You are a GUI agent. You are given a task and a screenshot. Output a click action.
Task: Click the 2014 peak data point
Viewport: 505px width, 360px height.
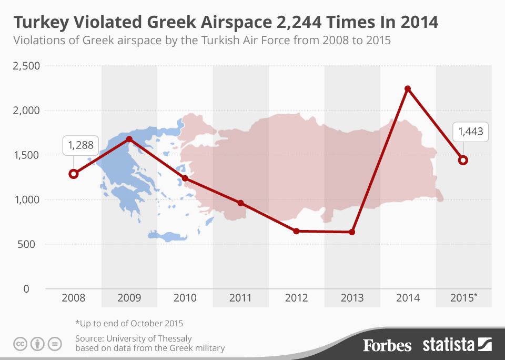pyautogui.click(x=407, y=88)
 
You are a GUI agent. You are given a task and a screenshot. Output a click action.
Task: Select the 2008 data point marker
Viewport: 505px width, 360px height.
pyautogui.click(x=74, y=174)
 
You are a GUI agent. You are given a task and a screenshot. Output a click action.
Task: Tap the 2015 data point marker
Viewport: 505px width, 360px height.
pyautogui.click(x=463, y=160)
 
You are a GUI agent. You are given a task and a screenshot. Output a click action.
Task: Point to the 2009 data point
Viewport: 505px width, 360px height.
pyautogui.click(x=129, y=139)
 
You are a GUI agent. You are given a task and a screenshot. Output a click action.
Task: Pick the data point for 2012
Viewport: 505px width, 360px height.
pyautogui.click(x=296, y=231)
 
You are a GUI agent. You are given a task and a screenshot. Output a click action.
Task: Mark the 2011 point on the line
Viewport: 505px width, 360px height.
pyautogui.click(x=240, y=203)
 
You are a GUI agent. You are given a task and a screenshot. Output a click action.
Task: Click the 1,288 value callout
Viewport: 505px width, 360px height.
pyautogui.click(x=80, y=146)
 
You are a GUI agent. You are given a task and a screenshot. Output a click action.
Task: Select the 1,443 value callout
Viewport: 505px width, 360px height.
pyautogui.click(x=471, y=132)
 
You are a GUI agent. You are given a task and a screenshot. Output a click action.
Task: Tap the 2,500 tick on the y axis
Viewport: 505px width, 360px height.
pyautogui.click(x=26, y=66)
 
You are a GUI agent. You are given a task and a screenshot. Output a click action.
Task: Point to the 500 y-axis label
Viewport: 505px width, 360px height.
pyautogui.click(x=29, y=244)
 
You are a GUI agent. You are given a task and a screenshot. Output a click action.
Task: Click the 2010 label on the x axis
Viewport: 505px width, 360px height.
pyautogui.click(x=185, y=298)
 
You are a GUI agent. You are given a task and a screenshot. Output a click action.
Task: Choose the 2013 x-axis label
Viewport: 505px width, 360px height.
pyautogui.click(x=352, y=298)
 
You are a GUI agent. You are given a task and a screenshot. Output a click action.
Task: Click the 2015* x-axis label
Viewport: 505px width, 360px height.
pyautogui.click(x=464, y=298)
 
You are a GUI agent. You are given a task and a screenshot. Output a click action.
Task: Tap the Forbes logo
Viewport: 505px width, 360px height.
pyautogui.click(x=387, y=345)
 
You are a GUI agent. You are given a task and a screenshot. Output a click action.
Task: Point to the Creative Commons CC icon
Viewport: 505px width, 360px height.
pyautogui.click(x=21, y=345)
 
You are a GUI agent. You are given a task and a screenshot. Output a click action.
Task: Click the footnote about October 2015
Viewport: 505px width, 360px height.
pyautogui.click(x=129, y=323)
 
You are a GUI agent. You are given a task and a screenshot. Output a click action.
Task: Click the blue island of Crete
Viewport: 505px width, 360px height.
pyautogui.click(x=167, y=236)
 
